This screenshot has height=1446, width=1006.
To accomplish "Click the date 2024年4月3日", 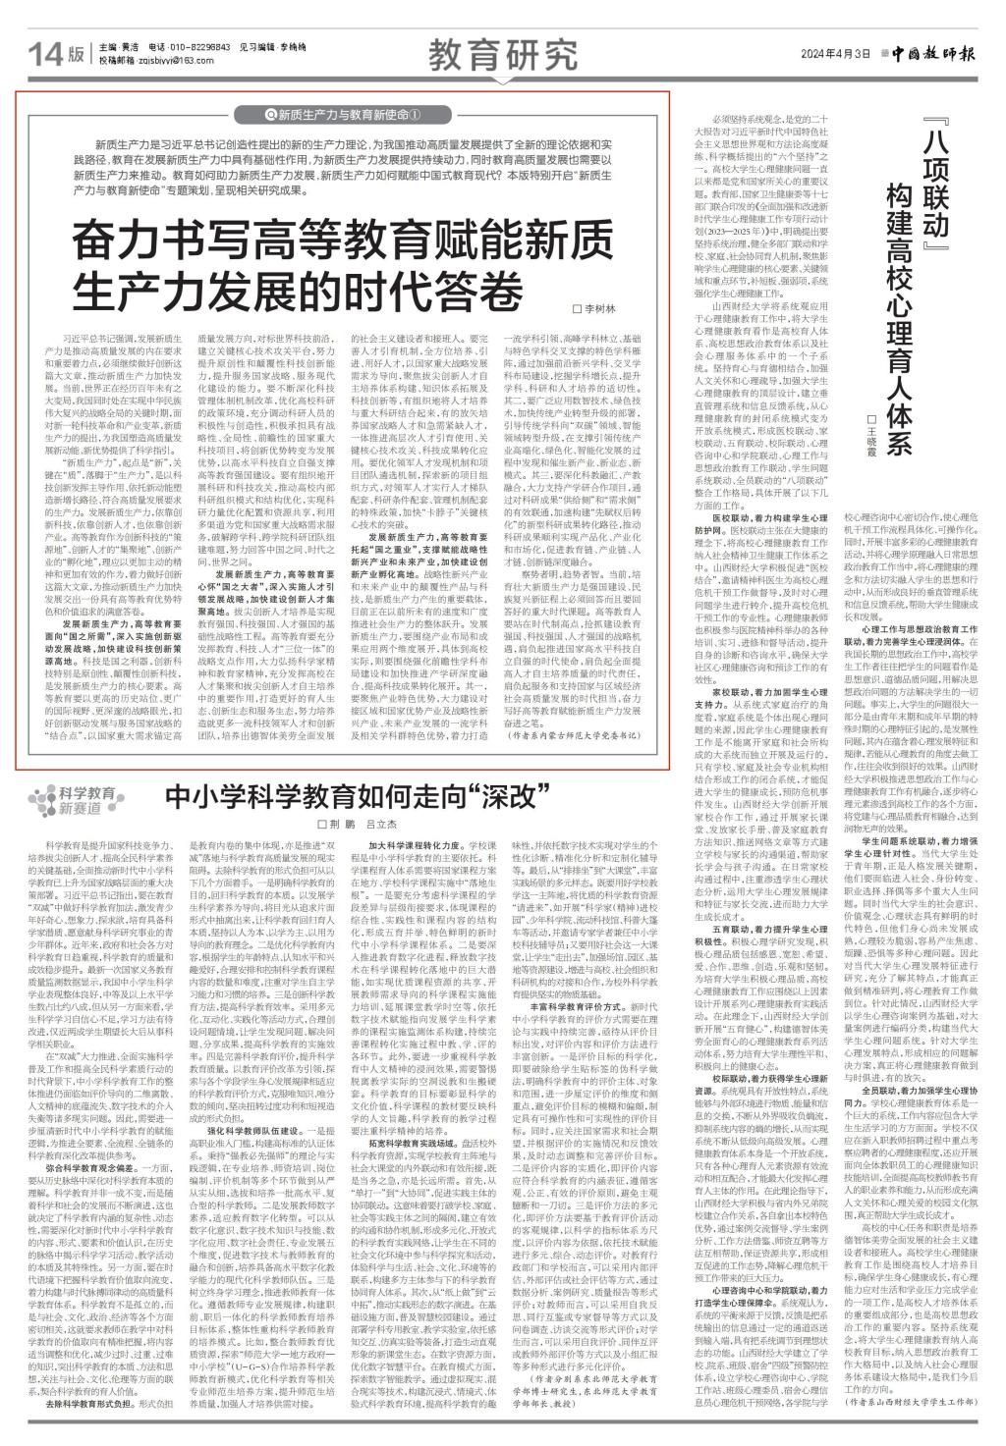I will [836, 53].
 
